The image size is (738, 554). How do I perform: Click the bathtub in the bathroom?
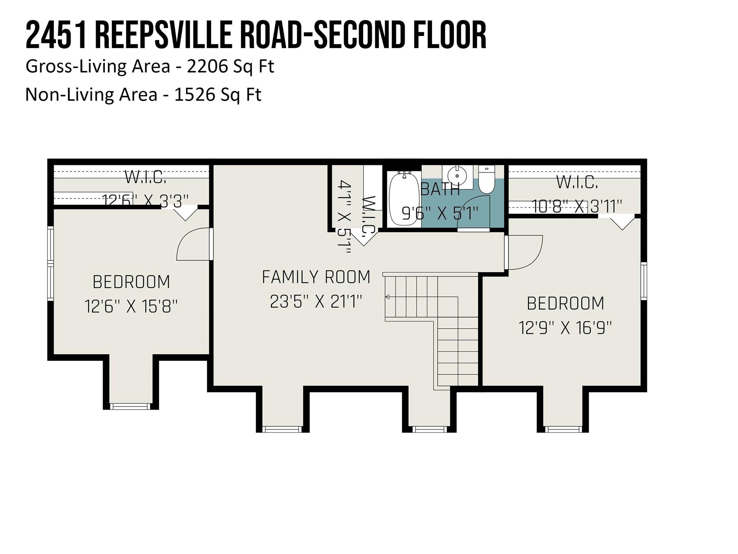coord(404,199)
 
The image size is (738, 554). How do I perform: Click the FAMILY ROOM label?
coord(316,277)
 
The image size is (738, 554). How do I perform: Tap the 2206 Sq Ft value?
coord(230,67)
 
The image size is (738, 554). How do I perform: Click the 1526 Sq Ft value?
coord(218,95)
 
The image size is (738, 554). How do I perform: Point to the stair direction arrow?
coord(388,297)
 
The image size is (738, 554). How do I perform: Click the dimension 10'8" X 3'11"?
coord(577,207)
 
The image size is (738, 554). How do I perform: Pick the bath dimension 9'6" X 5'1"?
coord(440,214)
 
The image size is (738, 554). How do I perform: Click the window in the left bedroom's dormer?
coord(130,406)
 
